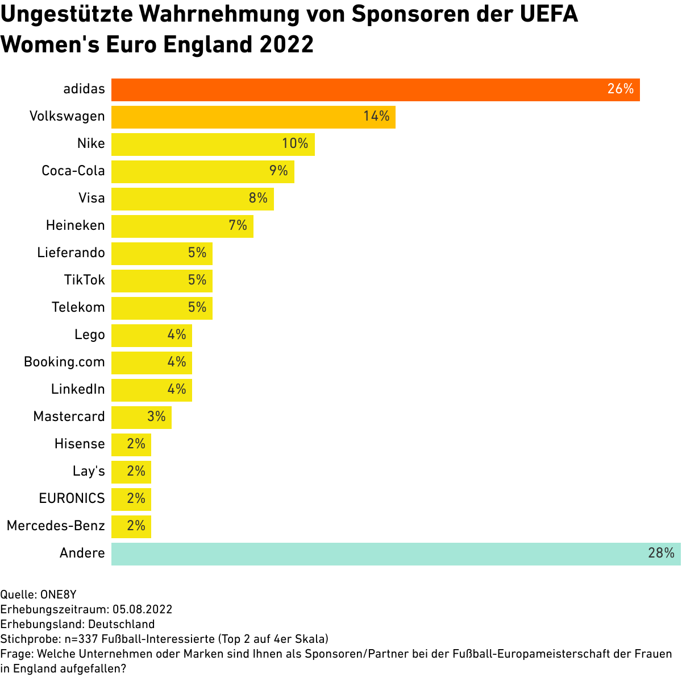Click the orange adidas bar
[375, 89]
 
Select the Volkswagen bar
[253, 117]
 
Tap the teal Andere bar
[396, 554]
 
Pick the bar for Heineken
[182, 226]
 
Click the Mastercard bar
[141, 417]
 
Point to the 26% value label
[620, 89]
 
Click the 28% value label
[661, 554]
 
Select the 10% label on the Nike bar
[295, 144]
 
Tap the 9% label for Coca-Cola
[278, 171]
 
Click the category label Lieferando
[71, 253]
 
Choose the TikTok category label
[84, 280]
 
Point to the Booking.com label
[64, 362]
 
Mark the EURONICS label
[72, 498]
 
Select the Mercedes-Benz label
[56, 526]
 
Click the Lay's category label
[89, 471]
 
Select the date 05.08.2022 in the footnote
[142, 609]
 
